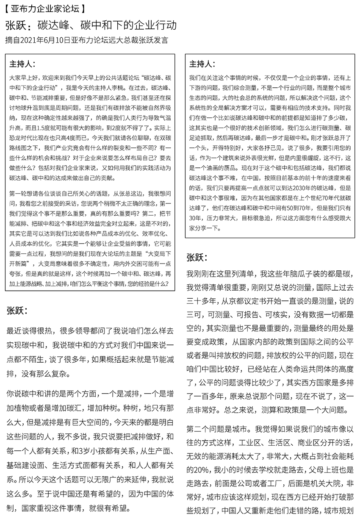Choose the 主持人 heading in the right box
point(202,64)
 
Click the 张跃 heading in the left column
point(17,311)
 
